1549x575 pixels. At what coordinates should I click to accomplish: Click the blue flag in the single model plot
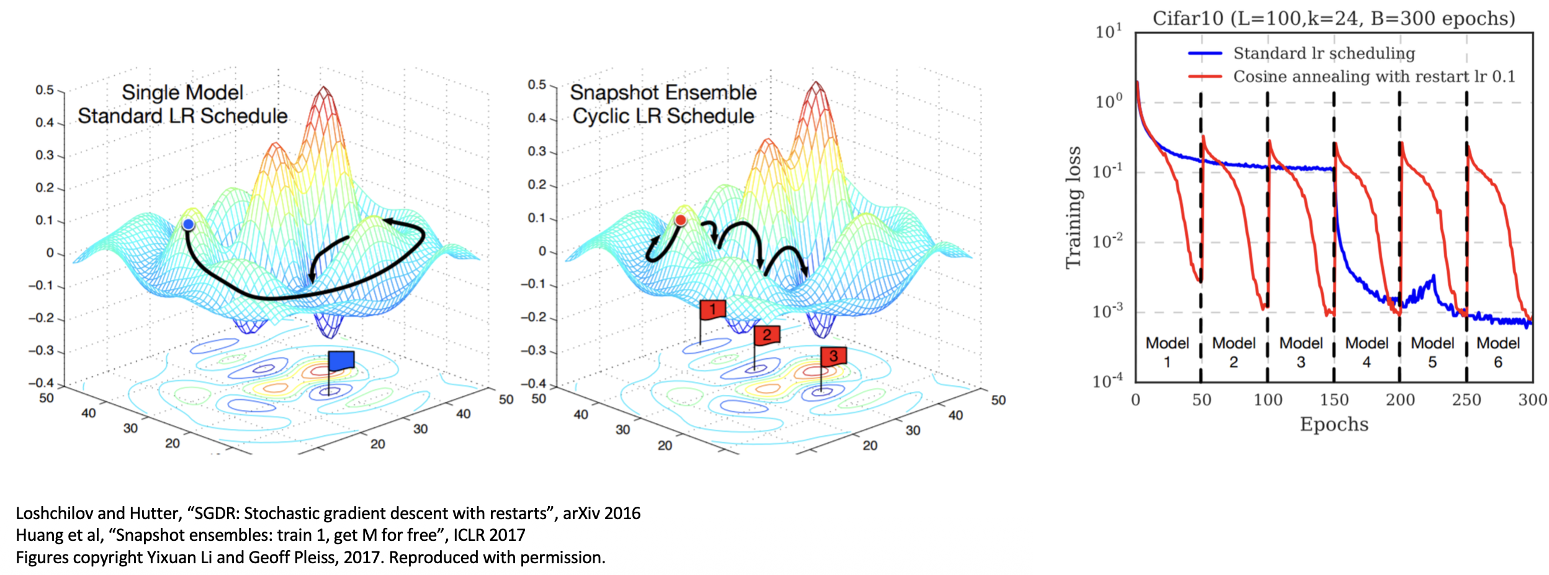pyautogui.click(x=341, y=361)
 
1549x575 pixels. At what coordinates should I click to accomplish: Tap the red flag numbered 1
pyautogui.click(x=712, y=309)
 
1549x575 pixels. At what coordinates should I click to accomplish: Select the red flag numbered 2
pyautogui.click(x=767, y=335)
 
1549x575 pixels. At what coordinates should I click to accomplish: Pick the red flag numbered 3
pyautogui.click(x=833, y=356)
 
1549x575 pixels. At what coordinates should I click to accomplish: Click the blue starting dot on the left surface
pyautogui.click(x=189, y=224)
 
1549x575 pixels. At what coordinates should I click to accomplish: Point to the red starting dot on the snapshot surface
pyautogui.click(x=681, y=220)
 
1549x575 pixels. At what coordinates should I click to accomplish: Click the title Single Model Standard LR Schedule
pyautogui.click(x=182, y=104)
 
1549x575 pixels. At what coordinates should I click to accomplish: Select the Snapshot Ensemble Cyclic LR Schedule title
pyautogui.click(x=663, y=104)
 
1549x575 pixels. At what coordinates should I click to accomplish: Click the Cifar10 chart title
pyautogui.click(x=1333, y=19)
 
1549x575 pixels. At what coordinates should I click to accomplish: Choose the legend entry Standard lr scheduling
pyautogui.click(x=1324, y=53)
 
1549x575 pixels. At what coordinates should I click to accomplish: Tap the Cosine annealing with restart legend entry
pyautogui.click(x=1373, y=76)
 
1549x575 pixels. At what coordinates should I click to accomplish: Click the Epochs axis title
pyautogui.click(x=1334, y=424)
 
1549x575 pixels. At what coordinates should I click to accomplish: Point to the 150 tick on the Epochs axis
pyautogui.click(x=1334, y=400)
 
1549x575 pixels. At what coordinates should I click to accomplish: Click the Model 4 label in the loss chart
pyautogui.click(x=1367, y=352)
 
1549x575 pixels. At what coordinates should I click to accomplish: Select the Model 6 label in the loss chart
pyautogui.click(x=1498, y=352)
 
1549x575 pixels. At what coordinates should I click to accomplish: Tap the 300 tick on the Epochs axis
pyautogui.click(x=1532, y=400)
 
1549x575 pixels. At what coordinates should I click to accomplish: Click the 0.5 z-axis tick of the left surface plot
pyautogui.click(x=45, y=90)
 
